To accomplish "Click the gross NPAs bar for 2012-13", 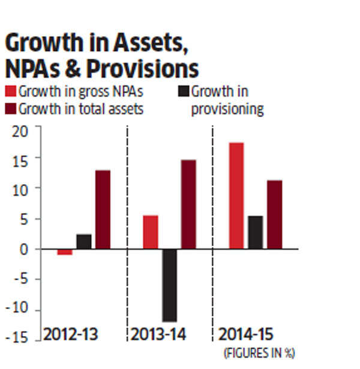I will (65, 252).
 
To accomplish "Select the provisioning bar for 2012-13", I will (84, 242).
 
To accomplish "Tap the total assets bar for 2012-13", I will (103, 209).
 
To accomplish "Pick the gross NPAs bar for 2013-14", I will (151, 232).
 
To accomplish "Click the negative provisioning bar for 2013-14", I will (169, 285).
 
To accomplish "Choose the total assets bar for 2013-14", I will (188, 204).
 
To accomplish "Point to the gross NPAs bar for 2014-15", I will (236, 196).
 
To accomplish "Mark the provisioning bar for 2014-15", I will (256, 232).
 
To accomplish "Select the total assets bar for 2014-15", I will (275, 214).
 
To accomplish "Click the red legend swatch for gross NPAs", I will (10, 92).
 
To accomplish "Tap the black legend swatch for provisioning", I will (184, 92).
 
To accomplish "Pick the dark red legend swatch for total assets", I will (10, 109).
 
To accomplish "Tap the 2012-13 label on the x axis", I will (70, 334).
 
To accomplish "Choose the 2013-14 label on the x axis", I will (157, 334).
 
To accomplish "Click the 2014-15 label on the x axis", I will (245, 334).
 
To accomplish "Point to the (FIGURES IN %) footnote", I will (259, 352).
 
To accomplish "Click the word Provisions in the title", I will (142, 69).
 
